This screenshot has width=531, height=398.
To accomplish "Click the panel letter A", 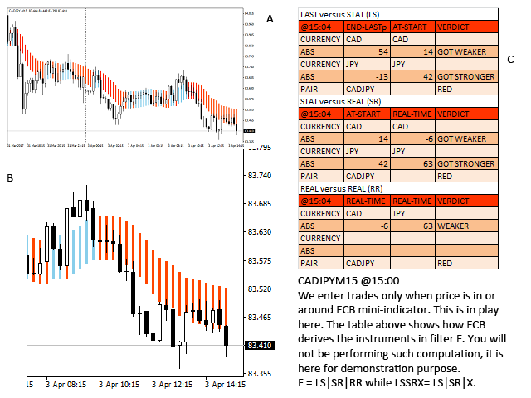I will point(270,19).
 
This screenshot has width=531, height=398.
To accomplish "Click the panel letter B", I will point(10,177).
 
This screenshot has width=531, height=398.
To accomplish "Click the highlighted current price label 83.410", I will point(260,345).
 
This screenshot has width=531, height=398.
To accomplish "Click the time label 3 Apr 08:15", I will point(66,386).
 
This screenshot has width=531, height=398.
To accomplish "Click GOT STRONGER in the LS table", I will point(465,76).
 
